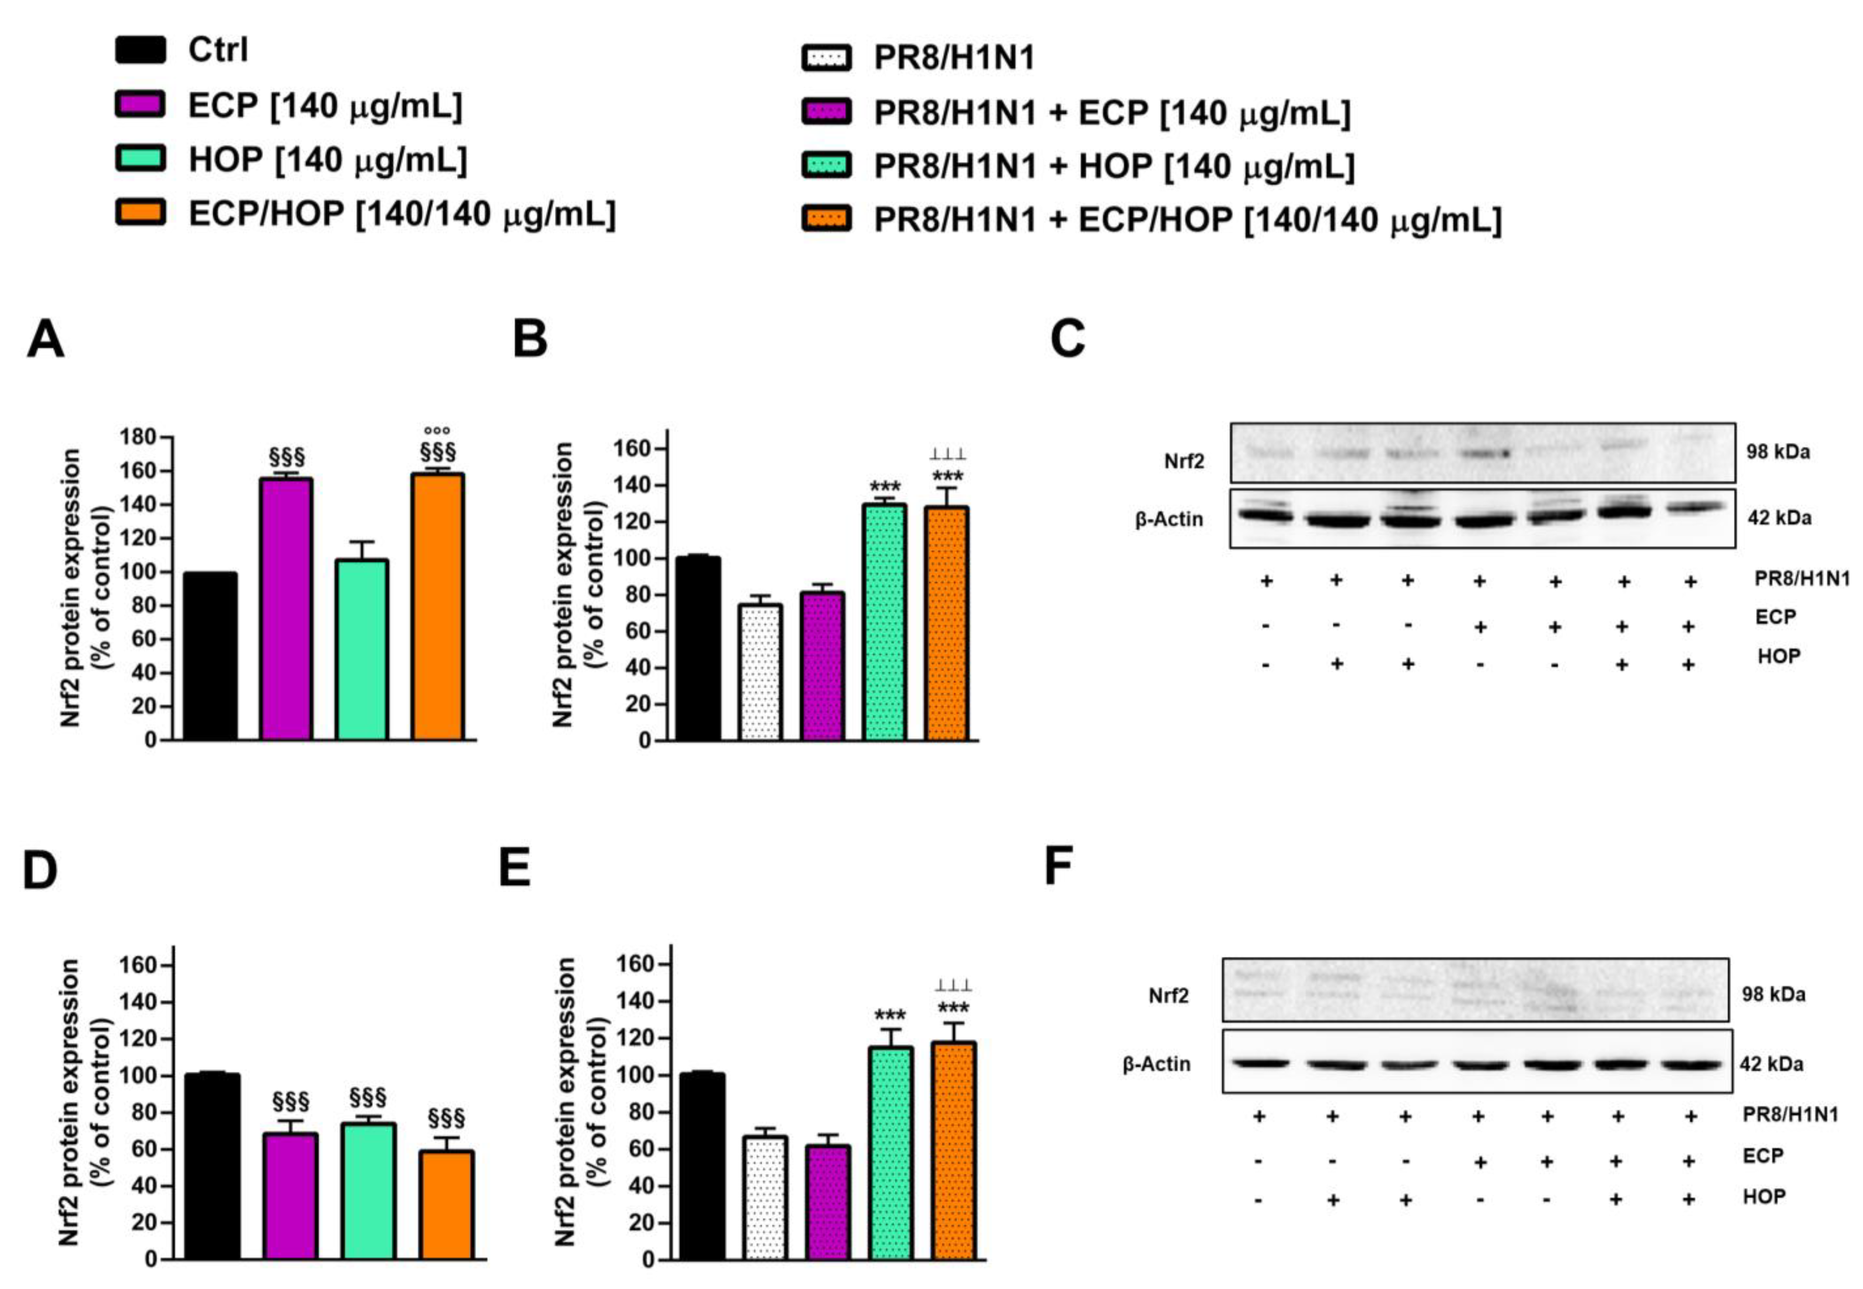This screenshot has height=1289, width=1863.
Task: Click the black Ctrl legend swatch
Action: coord(141,50)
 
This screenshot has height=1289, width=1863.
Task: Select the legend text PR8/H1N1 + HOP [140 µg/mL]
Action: coord(1113,166)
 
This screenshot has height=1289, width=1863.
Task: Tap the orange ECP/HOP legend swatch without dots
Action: coord(141,213)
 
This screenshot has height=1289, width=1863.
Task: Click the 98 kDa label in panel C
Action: coord(1777,451)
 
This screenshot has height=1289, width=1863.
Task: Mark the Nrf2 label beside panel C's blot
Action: coord(1183,461)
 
